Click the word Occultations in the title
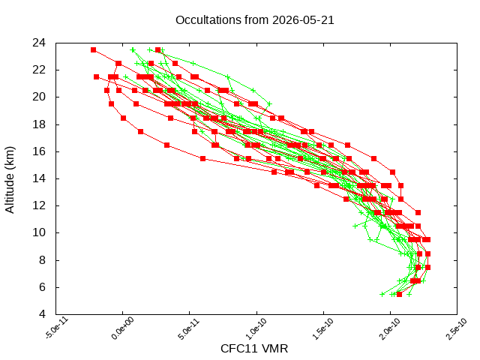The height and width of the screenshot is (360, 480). (x=208, y=20)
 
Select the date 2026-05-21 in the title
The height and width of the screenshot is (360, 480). (x=303, y=20)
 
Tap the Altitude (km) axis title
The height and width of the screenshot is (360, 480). (x=10, y=180)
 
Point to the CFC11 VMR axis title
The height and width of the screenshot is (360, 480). (x=254, y=349)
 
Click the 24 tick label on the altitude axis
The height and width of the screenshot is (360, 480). (x=39, y=43)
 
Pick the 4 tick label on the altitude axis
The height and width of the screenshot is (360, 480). (x=42, y=314)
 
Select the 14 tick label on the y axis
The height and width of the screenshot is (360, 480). (x=39, y=178)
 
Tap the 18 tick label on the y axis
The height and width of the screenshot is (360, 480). (x=39, y=124)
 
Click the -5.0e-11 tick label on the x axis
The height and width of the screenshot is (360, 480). (x=57, y=328)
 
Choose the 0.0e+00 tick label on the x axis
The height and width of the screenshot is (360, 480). (x=122, y=328)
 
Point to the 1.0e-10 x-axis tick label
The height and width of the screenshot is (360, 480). (x=256, y=328)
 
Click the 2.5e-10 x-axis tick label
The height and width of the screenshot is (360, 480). (x=457, y=328)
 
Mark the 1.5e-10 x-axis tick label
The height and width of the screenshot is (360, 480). (x=323, y=328)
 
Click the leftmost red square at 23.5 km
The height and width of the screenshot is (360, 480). (x=93, y=50)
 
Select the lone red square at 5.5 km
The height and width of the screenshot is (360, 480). (x=399, y=294)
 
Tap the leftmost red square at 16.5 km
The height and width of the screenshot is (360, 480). (x=166, y=145)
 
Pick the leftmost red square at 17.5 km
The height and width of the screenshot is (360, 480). (x=140, y=132)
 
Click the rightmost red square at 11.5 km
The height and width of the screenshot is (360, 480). (x=418, y=212)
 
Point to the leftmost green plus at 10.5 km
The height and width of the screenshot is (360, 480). (x=355, y=226)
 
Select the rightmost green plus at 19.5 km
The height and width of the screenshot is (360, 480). (x=269, y=104)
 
